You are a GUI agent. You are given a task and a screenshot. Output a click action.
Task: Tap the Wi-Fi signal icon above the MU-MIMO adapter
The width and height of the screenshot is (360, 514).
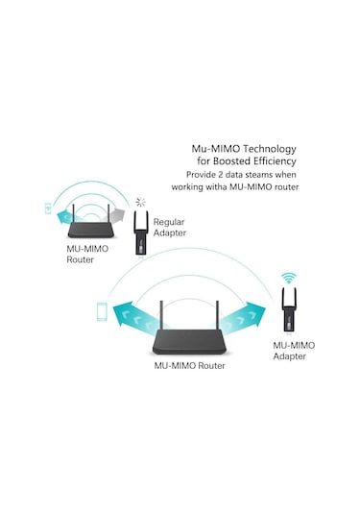tap(287, 280)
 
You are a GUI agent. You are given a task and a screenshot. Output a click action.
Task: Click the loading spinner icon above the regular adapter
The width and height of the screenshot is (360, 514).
tap(142, 202)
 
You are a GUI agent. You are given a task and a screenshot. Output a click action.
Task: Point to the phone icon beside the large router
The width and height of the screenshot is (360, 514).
tap(101, 311)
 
